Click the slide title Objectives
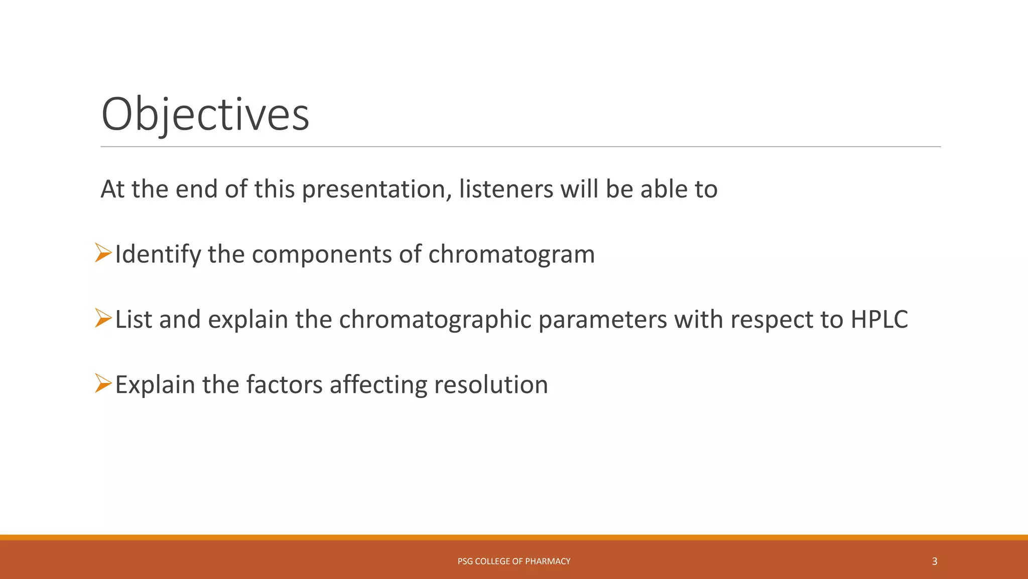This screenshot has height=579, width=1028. click(205, 115)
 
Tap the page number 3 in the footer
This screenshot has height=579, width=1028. click(934, 561)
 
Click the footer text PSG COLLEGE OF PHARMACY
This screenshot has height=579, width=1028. click(513, 561)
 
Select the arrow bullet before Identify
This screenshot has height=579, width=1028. click(103, 253)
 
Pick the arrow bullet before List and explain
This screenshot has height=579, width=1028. click(103, 318)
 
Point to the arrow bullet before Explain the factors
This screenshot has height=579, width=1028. click(103, 383)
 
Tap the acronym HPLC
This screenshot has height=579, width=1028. click(879, 320)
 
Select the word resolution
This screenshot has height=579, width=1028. click(490, 385)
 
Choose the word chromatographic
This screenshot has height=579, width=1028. click(435, 320)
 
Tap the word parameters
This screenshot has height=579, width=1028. click(602, 320)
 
